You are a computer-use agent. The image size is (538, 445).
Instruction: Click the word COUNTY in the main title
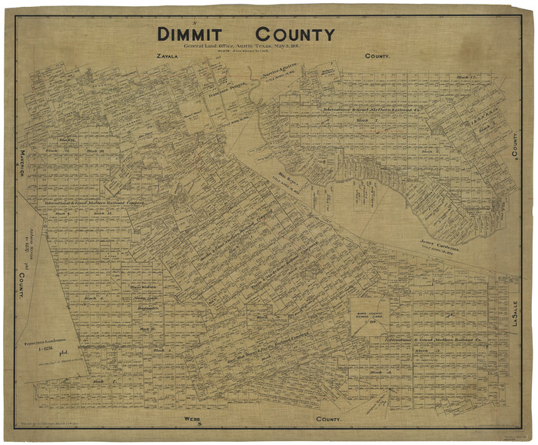coord(295,35)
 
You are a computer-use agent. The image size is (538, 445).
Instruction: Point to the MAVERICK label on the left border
coord(24,161)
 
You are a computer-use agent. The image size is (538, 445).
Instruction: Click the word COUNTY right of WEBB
coord(330,420)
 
